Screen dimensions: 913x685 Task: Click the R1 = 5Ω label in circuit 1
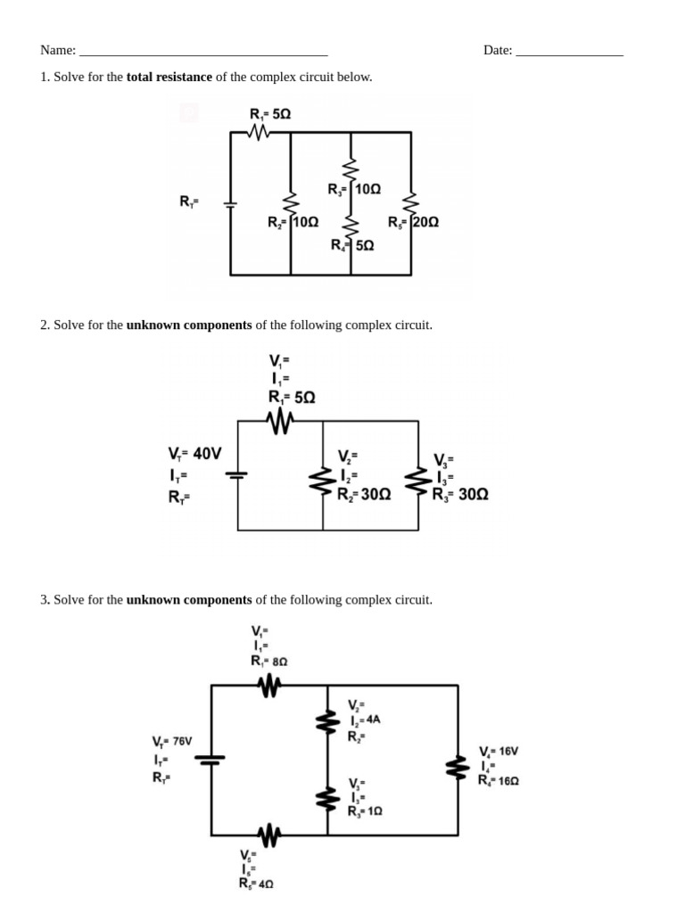tap(270, 114)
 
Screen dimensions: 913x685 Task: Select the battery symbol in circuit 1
tap(230, 203)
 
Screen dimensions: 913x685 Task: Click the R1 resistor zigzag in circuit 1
tap(259, 132)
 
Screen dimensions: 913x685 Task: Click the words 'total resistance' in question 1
tap(169, 77)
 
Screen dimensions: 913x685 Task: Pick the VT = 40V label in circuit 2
tap(194, 453)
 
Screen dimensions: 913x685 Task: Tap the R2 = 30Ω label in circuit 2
tap(364, 494)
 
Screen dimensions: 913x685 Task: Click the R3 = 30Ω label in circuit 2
tap(460, 494)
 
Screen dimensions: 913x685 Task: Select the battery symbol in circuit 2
tap(237, 474)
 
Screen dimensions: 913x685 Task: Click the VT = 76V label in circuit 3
tap(172, 741)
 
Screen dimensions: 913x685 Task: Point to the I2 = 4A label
tap(366, 720)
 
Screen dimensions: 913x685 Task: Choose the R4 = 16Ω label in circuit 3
tap(499, 779)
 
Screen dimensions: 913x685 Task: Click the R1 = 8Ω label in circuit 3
tap(269, 661)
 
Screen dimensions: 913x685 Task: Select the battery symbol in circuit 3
tap(211, 759)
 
